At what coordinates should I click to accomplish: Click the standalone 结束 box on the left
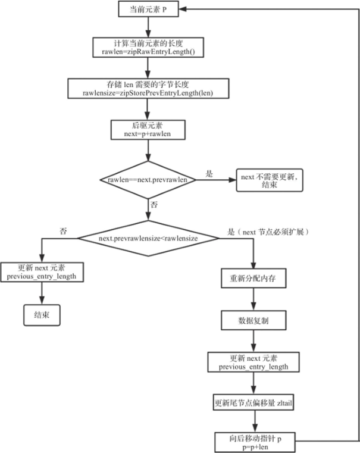pyautogui.click(x=42, y=315)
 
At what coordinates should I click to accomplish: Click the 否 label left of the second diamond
pyautogui.click(x=63, y=230)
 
